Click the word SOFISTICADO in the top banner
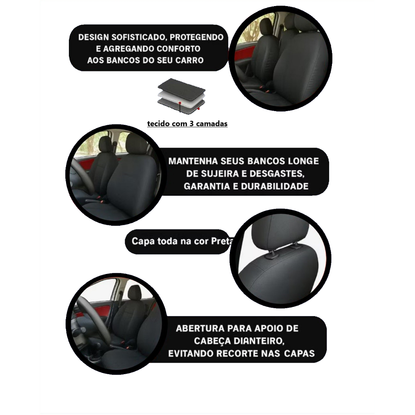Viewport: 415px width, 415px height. pos(139,37)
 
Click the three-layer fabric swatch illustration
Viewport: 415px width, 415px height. pos(181,96)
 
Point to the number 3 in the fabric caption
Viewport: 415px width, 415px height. pos(192,124)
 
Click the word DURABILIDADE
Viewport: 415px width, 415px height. pos(275,186)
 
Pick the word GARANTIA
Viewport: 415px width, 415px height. pos(207,186)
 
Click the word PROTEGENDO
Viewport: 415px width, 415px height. pos(197,37)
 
